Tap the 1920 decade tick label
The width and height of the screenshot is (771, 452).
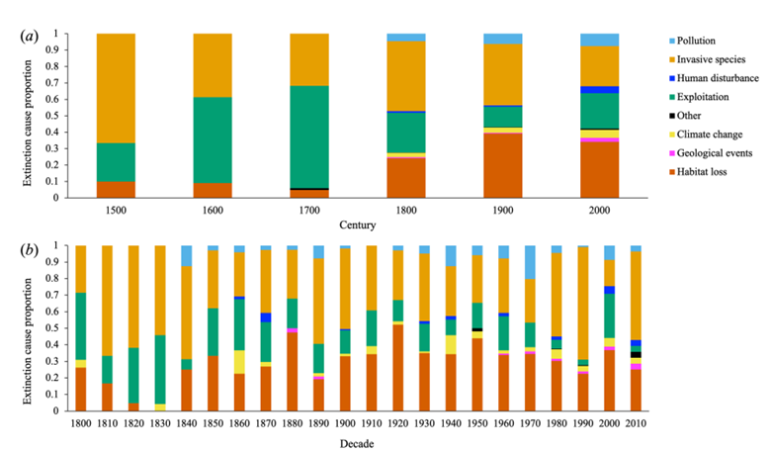coord(397,423)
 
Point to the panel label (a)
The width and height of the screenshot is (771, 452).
coord(31,37)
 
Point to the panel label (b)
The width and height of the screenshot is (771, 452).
coord(31,248)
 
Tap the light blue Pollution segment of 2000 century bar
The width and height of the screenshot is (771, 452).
coord(606,40)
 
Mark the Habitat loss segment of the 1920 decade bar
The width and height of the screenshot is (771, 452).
coord(397,367)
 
